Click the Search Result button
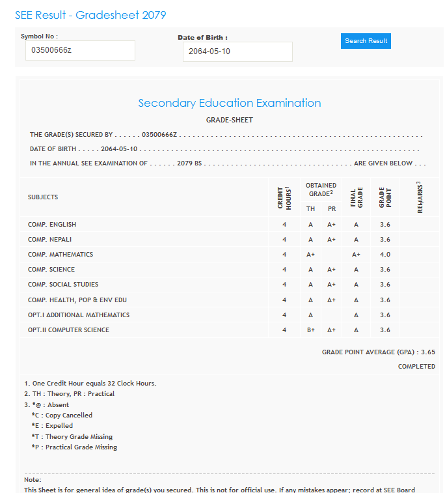point(366,41)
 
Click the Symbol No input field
point(80,50)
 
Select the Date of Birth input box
point(237,51)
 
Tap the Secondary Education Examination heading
point(229,103)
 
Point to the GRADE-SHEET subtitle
point(229,120)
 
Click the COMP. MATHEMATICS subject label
point(60,255)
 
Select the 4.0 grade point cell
point(384,255)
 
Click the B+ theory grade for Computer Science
point(310,330)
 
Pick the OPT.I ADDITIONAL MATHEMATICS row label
point(78,315)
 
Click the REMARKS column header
point(419,197)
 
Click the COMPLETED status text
point(416,367)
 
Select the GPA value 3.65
point(428,352)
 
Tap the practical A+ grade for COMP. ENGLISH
point(331,225)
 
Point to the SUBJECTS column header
point(43,197)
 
